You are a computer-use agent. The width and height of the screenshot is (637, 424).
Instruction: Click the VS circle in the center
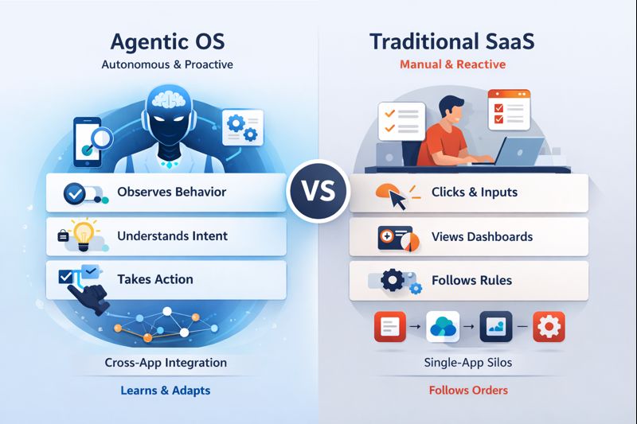click(318, 192)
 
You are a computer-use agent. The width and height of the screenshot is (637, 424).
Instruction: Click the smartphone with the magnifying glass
click(90, 141)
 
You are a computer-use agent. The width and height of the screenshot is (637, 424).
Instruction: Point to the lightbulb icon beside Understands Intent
click(82, 235)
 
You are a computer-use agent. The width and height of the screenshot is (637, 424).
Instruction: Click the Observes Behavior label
click(171, 192)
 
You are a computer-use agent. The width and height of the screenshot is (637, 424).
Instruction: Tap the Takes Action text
click(155, 279)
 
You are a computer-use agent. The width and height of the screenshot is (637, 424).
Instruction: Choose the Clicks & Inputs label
click(474, 192)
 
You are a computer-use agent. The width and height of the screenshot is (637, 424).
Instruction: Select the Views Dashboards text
click(482, 236)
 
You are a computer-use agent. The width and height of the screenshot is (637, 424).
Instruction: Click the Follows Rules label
click(471, 280)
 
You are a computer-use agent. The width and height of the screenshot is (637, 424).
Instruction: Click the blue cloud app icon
click(442, 326)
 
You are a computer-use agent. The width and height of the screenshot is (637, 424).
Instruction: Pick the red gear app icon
click(548, 326)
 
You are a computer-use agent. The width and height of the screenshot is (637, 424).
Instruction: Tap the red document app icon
click(389, 326)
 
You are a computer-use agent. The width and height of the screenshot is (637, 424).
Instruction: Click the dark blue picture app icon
click(495, 326)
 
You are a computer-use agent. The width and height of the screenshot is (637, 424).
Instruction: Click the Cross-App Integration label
click(166, 363)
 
